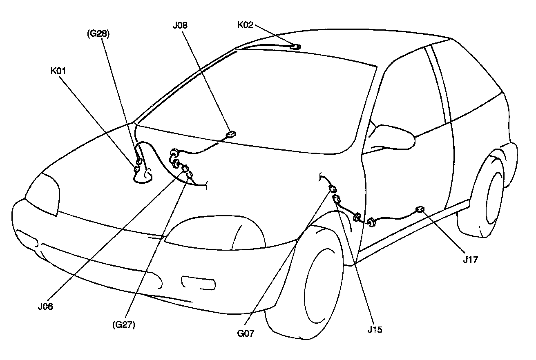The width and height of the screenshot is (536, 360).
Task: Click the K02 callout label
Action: (x=245, y=25)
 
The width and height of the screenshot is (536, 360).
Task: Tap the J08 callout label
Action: (x=180, y=25)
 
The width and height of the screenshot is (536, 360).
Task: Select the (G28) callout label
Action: (x=98, y=34)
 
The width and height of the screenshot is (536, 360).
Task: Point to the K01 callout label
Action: (x=58, y=71)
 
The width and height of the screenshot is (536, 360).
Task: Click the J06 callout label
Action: (x=45, y=307)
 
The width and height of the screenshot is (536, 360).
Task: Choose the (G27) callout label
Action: (x=124, y=324)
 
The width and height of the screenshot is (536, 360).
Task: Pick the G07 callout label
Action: (x=246, y=333)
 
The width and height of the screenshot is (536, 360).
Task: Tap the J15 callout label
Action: (x=375, y=330)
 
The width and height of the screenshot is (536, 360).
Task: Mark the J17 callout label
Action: (x=471, y=260)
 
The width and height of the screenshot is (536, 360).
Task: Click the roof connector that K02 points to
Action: (x=295, y=47)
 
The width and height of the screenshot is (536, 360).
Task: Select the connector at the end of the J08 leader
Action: (x=231, y=134)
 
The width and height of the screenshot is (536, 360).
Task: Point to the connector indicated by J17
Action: (x=420, y=210)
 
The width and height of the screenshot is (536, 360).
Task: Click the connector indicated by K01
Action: (x=136, y=169)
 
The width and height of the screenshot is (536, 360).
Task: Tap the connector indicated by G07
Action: (x=333, y=189)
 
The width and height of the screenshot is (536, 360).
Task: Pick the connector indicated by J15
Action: (x=337, y=199)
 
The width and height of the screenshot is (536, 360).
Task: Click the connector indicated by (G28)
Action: (x=139, y=162)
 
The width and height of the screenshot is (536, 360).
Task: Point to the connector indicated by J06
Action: (x=185, y=169)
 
